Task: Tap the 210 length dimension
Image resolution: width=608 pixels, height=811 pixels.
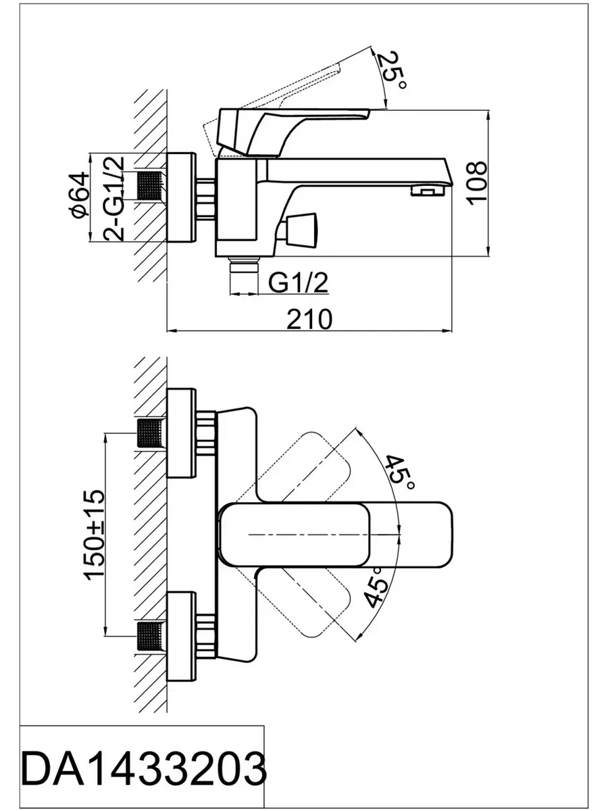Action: click(309, 319)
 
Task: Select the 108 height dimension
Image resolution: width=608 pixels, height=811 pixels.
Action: click(476, 183)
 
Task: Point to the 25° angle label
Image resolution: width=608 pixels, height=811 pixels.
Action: click(391, 71)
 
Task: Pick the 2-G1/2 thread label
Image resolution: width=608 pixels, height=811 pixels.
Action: click(113, 199)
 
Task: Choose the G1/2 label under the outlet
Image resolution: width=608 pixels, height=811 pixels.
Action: click(298, 283)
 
